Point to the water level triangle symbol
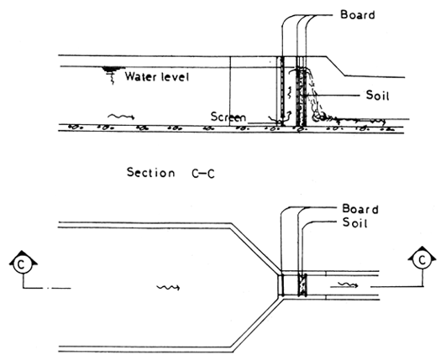(108, 71)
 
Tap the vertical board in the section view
(282, 92)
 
